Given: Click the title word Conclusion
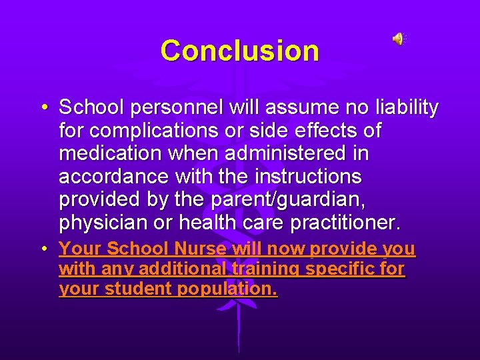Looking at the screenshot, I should [239, 51].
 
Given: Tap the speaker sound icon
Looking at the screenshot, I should [398, 39].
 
